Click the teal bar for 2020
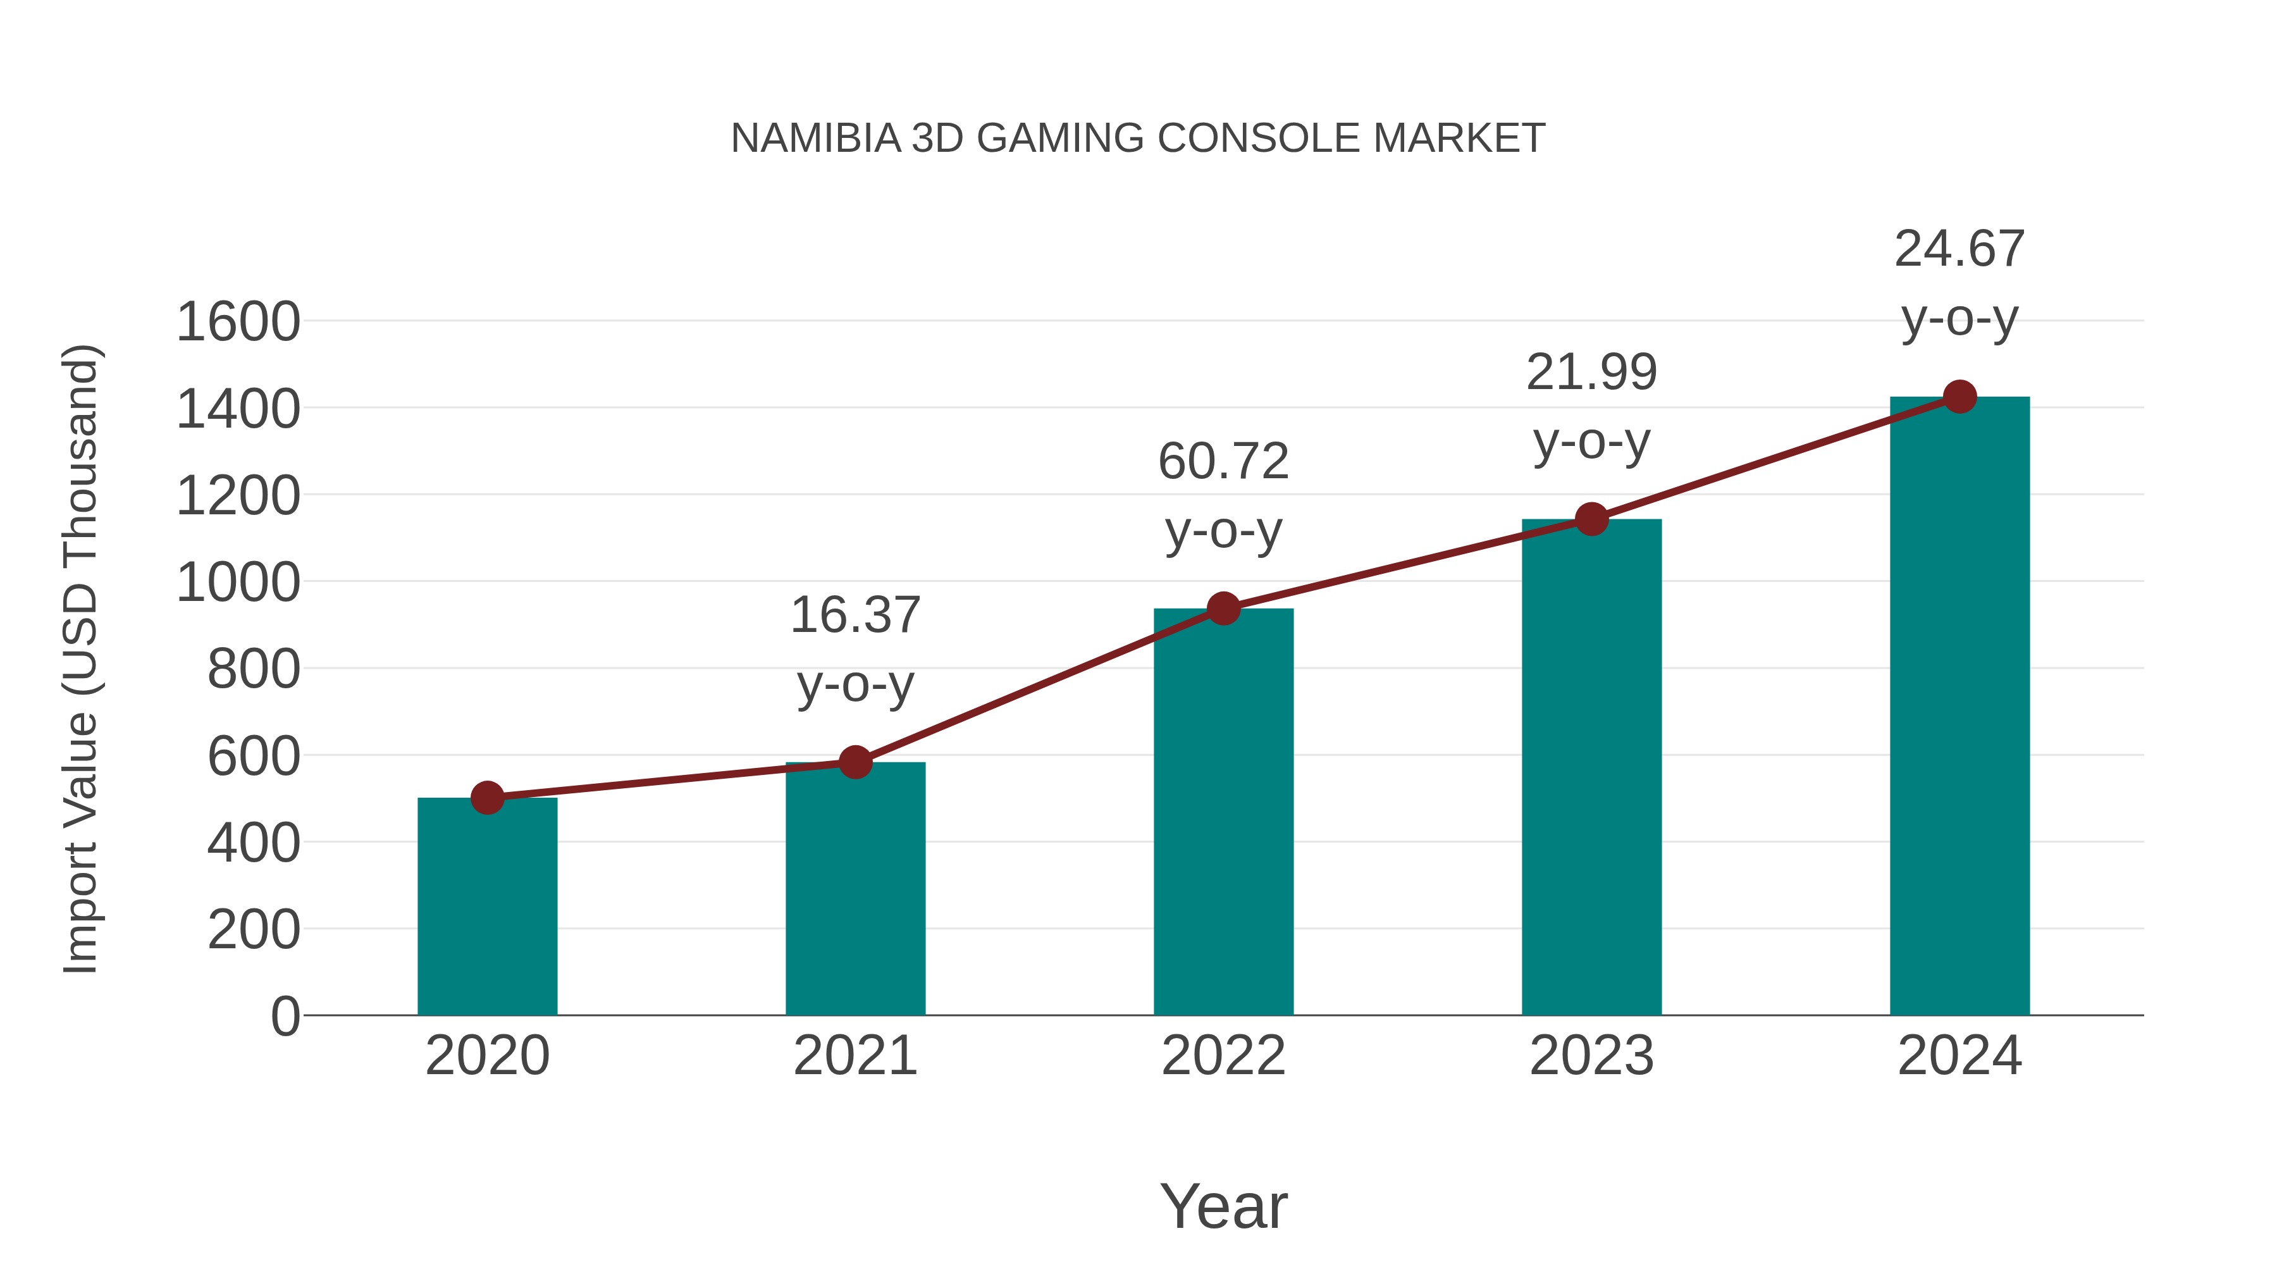point(487,910)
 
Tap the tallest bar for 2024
point(1959,707)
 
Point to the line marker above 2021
point(855,761)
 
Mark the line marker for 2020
point(487,798)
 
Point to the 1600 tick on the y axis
point(238,322)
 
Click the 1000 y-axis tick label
point(238,583)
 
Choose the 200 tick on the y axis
point(254,930)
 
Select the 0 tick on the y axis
point(285,1017)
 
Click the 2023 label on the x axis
point(1591,1056)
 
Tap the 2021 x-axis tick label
point(855,1056)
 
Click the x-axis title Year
point(1223,1207)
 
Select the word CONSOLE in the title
point(1259,139)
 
